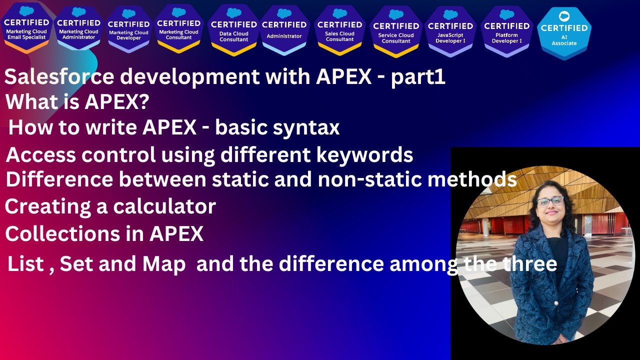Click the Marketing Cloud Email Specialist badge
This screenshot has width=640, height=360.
coord(26,27)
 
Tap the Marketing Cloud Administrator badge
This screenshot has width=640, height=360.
coord(78,27)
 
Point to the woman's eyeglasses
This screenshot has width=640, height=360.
coord(550,201)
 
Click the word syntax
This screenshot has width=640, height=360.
coord(306,128)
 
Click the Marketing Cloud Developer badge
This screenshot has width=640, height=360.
coord(128,29)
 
